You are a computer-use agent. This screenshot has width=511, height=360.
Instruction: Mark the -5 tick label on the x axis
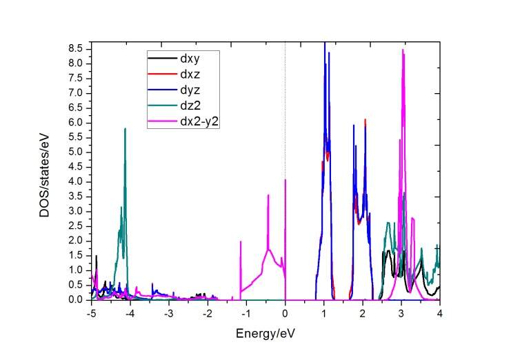coord(90,312)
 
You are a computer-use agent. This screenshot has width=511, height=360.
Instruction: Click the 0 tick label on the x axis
coord(285,312)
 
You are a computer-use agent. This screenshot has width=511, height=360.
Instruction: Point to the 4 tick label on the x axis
coord(439,312)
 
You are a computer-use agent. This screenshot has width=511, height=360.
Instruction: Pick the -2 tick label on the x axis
coord(207,312)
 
